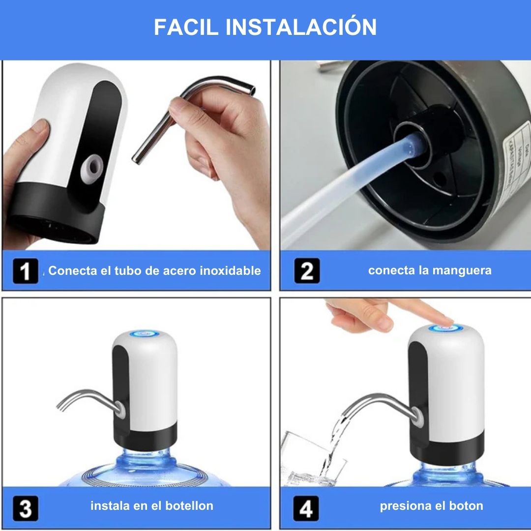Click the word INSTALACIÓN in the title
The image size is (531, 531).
coord(301,28)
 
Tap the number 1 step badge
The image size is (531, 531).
coord(25,271)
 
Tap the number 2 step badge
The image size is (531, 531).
coord(307,271)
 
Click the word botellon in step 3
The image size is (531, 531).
coord(189,506)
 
